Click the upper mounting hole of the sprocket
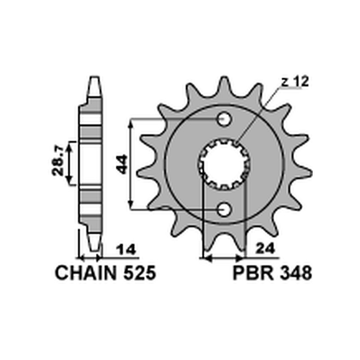(x=224, y=119)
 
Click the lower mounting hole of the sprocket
(x=224, y=209)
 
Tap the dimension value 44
(x=121, y=164)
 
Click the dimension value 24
(x=264, y=249)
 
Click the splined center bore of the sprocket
(x=224, y=164)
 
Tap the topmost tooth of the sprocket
(x=224, y=83)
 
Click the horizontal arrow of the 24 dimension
(x=224, y=259)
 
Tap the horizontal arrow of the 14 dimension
(x=90, y=259)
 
